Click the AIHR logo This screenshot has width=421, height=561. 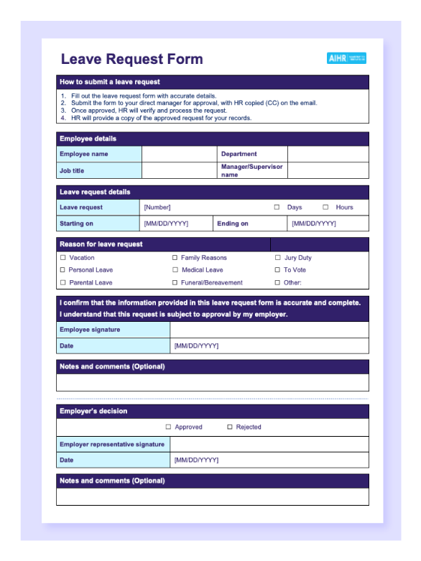[346, 58]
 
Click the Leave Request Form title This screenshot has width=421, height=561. [131, 59]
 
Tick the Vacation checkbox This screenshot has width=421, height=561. [63, 257]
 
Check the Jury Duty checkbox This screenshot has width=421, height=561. [278, 257]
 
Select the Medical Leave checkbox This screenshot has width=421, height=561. [175, 270]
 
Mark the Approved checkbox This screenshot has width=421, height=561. [169, 427]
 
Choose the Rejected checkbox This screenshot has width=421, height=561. [230, 427]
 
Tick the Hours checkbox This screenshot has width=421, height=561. [325, 207]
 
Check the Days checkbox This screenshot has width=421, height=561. [277, 207]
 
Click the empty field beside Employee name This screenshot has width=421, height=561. [179, 154]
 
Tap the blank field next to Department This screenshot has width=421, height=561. [328, 154]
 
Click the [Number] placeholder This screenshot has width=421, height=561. [157, 208]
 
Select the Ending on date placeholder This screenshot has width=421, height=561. [314, 223]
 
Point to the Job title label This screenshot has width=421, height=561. [72, 171]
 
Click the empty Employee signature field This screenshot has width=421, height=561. [269, 330]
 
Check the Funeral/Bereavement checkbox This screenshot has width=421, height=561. [175, 282]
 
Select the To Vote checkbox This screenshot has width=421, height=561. [278, 270]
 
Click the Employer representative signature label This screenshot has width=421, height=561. [112, 445]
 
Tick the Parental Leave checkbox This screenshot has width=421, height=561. [63, 282]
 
